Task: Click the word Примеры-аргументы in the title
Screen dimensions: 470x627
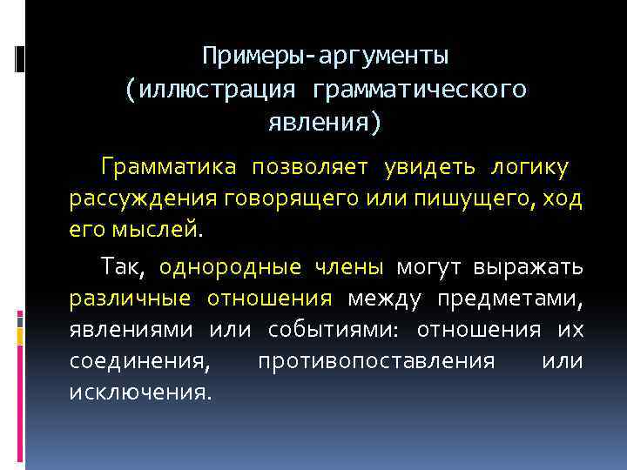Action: [x=326, y=57]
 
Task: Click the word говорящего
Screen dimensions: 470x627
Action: [x=291, y=198]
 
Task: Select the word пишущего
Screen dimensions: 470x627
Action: [x=471, y=198]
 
